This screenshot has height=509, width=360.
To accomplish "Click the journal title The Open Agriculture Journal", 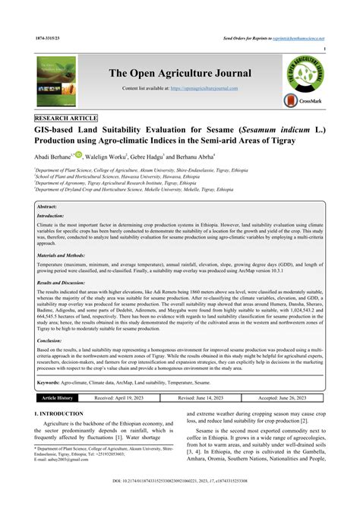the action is [x=180, y=73].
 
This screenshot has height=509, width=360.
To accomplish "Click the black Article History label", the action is [x=57, y=397].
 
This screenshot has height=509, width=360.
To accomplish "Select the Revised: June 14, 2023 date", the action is [x=207, y=397].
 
